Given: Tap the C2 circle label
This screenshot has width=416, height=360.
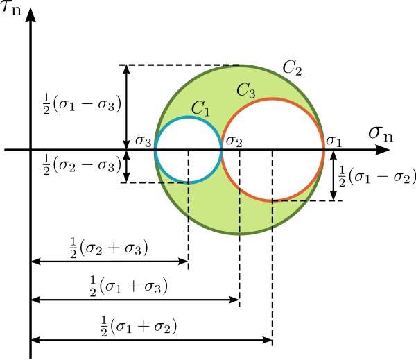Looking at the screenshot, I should point(293,68).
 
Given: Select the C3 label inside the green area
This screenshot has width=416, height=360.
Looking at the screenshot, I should point(248,90).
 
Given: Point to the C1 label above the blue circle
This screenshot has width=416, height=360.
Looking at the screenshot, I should point(201,107).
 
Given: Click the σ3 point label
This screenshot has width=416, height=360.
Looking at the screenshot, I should point(144,140).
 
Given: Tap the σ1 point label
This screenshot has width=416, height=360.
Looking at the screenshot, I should point(334,141).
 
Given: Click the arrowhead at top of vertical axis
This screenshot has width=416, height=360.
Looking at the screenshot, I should point(31,15).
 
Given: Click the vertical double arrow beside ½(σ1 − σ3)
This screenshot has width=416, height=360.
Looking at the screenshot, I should point(125,108).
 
